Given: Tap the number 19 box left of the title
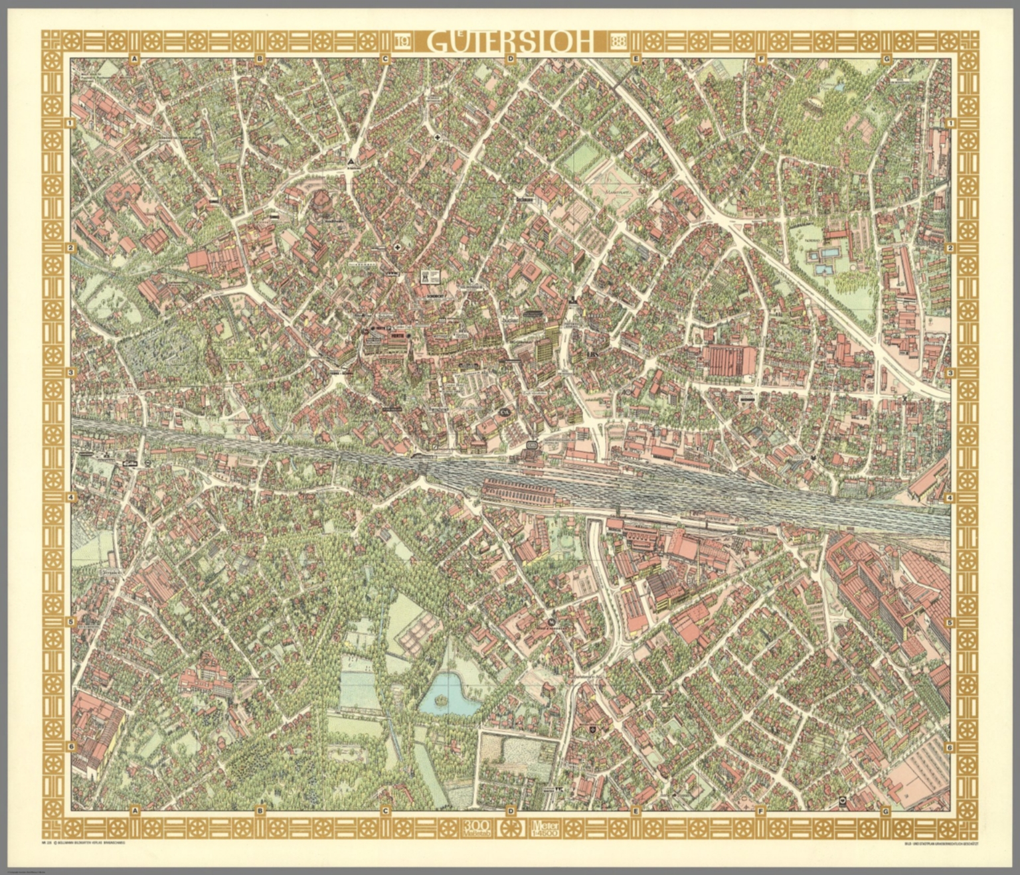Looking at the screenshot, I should tap(402, 42).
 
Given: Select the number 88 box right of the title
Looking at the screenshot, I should tap(617, 42).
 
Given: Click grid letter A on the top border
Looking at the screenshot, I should tap(134, 59).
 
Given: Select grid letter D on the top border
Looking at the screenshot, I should tap(510, 59).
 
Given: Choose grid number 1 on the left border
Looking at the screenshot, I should tap(70, 123).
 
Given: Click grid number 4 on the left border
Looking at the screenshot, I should tap(70, 497).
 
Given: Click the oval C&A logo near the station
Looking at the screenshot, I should tap(505, 413).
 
